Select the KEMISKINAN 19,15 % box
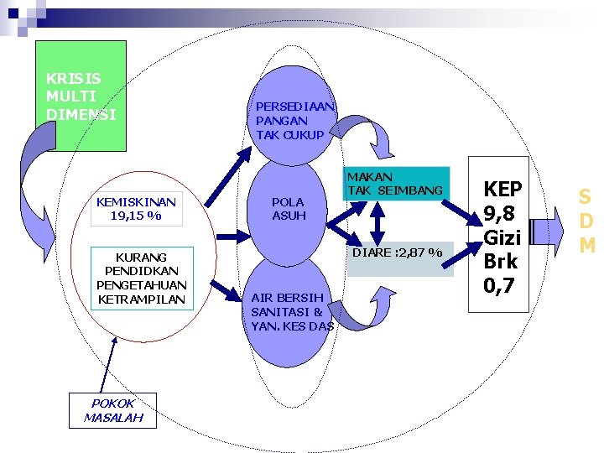click(x=136, y=209)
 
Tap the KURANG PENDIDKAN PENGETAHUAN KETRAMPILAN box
click(x=142, y=278)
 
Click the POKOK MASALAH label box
click(x=112, y=410)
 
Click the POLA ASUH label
click(x=289, y=209)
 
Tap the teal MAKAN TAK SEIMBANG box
click(x=394, y=185)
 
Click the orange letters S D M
click(x=586, y=221)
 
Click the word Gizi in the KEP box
click(x=498, y=237)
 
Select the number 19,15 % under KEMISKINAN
click(x=136, y=216)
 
